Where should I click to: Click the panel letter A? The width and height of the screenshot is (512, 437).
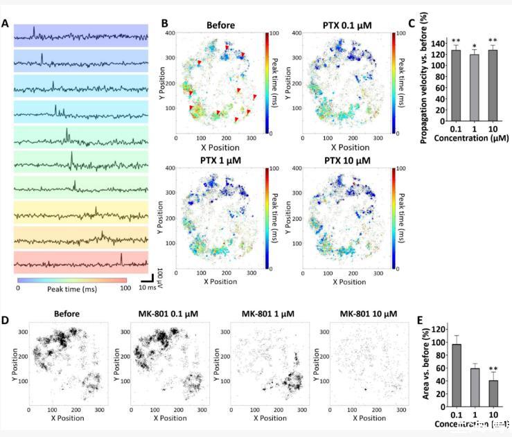click(x=6, y=24)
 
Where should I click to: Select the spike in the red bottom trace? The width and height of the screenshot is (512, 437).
click(x=121, y=258)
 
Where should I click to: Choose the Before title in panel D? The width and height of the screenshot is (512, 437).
click(x=65, y=314)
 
